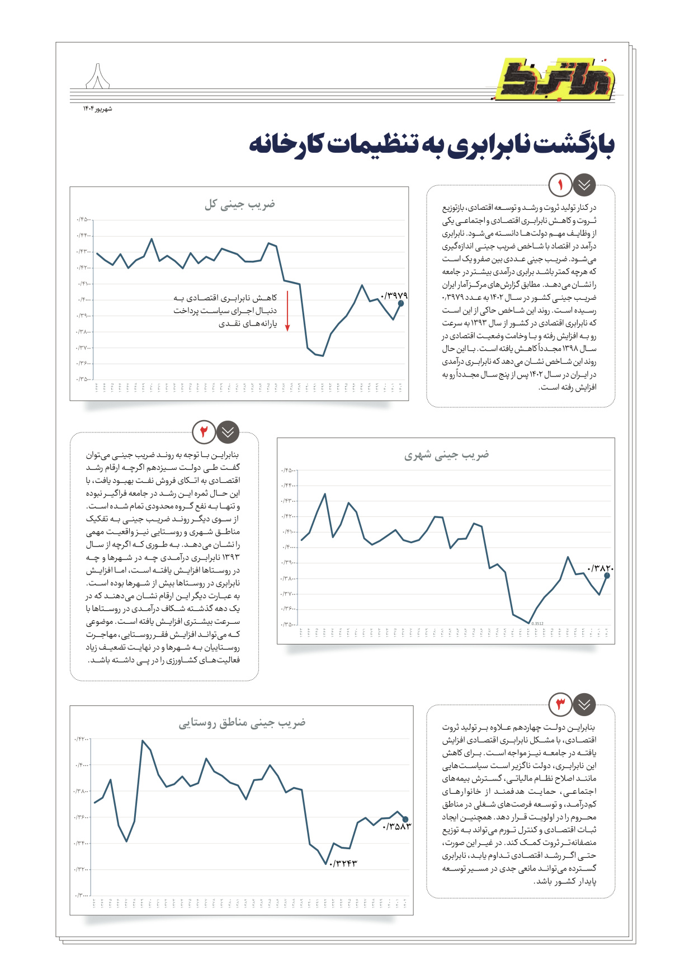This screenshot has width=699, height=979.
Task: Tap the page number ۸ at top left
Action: point(98,78)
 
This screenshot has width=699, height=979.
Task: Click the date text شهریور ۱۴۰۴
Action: point(98,109)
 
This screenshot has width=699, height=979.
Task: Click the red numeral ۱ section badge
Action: point(560,185)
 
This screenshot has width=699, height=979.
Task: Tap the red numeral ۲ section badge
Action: point(204,431)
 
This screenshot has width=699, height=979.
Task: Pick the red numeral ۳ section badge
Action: point(560,704)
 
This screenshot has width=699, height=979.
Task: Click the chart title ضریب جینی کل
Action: point(239,204)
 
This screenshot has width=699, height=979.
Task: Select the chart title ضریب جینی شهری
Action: point(446,455)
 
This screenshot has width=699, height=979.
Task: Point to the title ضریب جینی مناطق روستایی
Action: point(242,723)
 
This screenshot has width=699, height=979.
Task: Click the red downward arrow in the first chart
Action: point(287,311)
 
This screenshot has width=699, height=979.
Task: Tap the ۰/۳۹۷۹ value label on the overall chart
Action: point(394,295)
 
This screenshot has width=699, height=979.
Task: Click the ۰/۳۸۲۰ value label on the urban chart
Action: point(600,568)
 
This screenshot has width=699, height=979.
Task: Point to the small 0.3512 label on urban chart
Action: point(537,623)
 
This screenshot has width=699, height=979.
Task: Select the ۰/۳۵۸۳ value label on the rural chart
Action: point(396,826)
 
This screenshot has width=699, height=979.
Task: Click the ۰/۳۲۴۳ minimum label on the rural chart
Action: point(343,864)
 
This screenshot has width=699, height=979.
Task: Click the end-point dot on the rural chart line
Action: point(405,819)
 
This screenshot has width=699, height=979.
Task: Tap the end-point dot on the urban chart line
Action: point(607,575)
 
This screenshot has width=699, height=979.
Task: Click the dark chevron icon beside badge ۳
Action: point(584,704)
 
